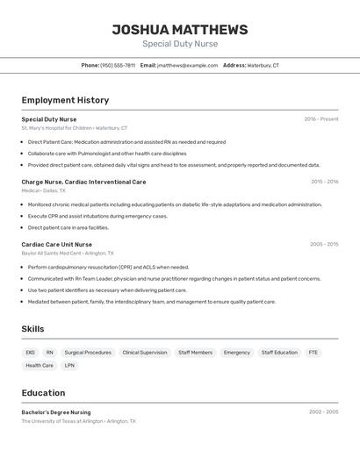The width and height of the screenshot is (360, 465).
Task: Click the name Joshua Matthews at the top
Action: click(180, 30)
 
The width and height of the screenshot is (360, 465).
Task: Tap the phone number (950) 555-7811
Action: click(118, 65)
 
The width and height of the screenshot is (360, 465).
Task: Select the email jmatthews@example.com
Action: click(187, 65)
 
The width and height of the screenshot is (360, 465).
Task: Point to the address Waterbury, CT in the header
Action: click(263, 65)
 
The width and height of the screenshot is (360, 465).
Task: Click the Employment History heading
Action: click(65, 100)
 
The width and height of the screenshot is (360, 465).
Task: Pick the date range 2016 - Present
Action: click(320, 119)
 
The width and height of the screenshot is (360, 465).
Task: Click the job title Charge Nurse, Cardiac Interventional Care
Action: click(83, 182)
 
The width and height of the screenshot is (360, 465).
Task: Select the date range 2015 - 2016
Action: click(324, 182)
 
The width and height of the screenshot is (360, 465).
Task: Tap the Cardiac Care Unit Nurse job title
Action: click(56, 244)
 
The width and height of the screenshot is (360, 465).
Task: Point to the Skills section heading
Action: click(32, 329)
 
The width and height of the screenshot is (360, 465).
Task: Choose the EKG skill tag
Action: click(31, 353)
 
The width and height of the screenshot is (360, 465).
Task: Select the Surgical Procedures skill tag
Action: click(88, 353)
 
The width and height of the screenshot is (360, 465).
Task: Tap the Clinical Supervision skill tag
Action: click(144, 353)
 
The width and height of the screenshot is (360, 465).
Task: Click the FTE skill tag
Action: click(313, 353)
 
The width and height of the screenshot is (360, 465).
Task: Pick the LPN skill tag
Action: click(70, 365)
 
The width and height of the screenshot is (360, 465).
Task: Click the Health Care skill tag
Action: click(40, 365)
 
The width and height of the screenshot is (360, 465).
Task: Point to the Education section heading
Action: click(43, 393)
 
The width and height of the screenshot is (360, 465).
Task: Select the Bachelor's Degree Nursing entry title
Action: click(55, 412)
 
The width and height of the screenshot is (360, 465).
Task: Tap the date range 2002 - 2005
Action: click(323, 411)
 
